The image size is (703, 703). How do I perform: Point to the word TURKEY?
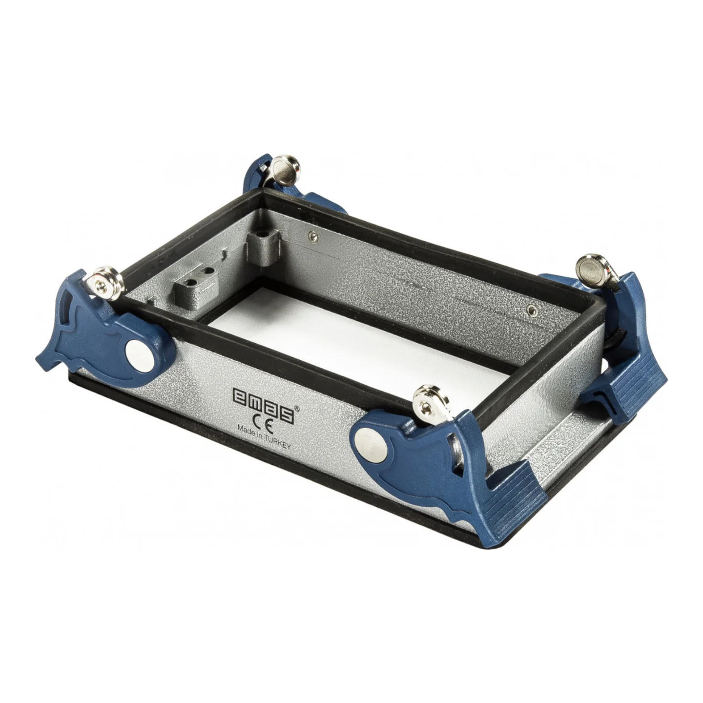(x=276, y=442)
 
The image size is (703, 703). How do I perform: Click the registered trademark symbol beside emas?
(x=297, y=409)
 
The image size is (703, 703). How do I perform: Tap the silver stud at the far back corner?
(x=287, y=169)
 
